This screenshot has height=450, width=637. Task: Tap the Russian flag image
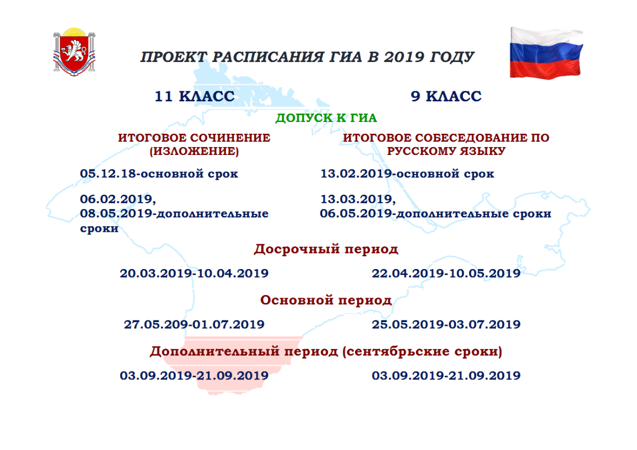[x=545, y=52]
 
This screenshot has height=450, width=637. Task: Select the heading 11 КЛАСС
[x=194, y=97]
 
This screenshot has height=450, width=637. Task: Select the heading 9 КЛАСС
[x=446, y=97]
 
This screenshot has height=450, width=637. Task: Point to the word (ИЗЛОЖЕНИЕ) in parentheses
[x=194, y=151]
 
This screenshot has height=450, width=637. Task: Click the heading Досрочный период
[x=326, y=249]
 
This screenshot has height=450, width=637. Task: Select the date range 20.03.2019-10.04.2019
[x=194, y=273]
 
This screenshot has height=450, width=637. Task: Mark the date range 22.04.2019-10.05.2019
[x=446, y=273]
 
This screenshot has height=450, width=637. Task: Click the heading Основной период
[x=326, y=300]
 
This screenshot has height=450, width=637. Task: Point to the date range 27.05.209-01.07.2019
[x=194, y=324]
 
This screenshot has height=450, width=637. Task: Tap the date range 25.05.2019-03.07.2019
[x=446, y=324]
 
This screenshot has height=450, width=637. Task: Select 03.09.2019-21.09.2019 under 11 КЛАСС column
[x=194, y=376]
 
